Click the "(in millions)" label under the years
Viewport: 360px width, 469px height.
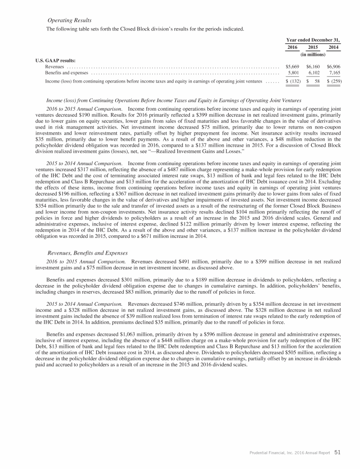tap(313, 55)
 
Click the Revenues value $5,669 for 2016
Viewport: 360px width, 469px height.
tap(292, 67)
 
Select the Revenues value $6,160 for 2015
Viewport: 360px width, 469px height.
tap(313, 67)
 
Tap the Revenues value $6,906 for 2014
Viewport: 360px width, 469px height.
tap(333, 67)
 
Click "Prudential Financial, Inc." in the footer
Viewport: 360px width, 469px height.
tap(270, 453)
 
